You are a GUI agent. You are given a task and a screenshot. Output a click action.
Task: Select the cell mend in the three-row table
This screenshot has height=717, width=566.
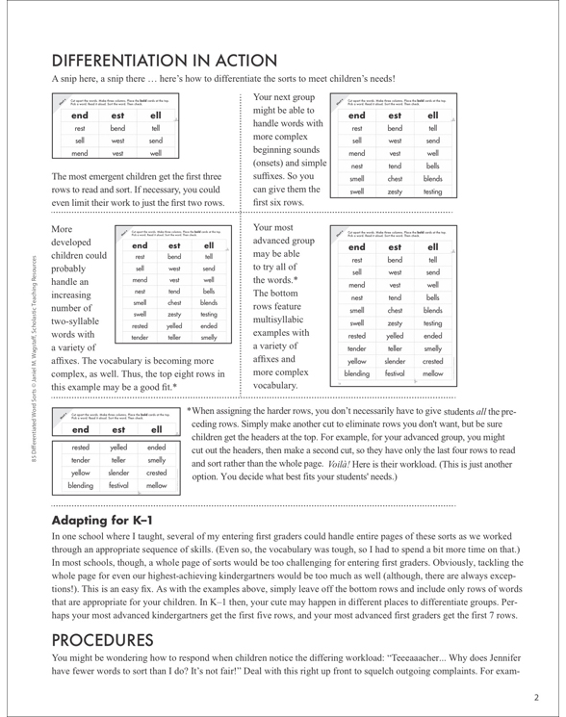[x=80, y=152]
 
